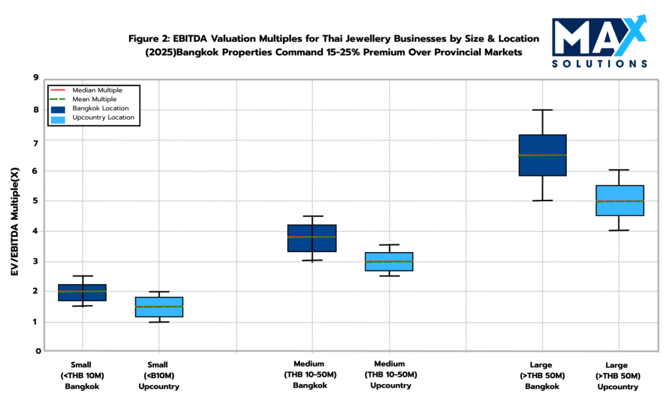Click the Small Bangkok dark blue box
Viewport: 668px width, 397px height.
[82, 293]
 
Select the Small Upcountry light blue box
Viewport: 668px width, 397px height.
[159, 307]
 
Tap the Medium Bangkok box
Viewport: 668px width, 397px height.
[312, 238]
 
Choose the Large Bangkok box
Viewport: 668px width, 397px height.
[542, 155]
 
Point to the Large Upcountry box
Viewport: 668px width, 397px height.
[620, 200]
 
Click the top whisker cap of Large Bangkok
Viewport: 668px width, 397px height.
[542, 110]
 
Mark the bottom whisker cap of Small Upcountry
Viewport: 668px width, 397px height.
[159, 322]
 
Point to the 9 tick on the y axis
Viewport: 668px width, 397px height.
[37, 78]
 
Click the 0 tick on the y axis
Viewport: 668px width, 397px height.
[37, 351]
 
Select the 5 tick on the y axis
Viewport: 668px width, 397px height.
[37, 201]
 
